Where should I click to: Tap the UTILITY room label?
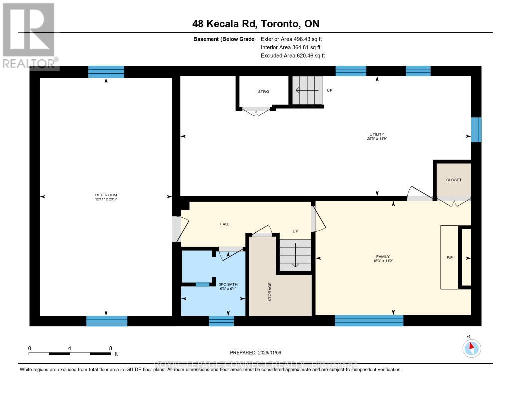pos(377,135)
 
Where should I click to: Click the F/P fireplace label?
pos(449,258)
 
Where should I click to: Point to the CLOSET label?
pos(454,180)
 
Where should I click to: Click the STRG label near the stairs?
pos(263,92)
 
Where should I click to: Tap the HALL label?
pos(224,224)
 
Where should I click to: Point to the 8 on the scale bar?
pos(110,348)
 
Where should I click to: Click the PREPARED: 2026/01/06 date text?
pos(255,352)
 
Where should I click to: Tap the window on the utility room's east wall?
pos(476,130)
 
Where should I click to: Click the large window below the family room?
pos(369,321)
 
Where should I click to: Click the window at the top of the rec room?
pos(106,72)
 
